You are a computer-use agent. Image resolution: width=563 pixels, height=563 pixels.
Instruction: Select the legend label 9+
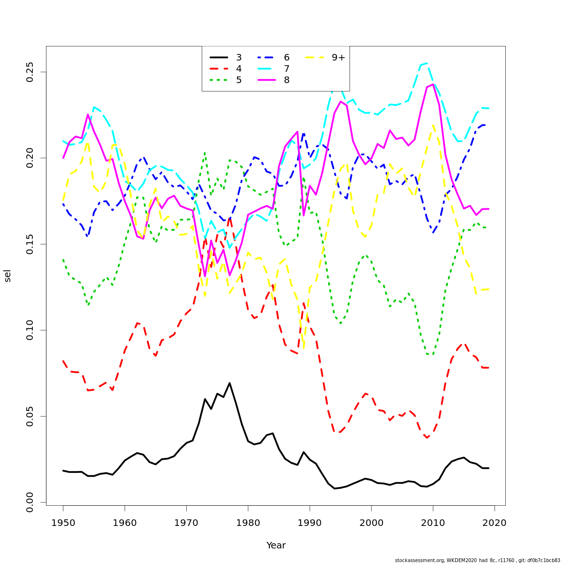[338, 58]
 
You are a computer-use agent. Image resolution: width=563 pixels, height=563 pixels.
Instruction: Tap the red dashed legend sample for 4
[219, 69]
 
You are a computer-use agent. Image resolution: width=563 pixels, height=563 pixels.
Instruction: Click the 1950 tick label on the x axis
[63, 522]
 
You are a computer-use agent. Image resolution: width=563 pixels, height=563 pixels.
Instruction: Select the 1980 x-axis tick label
[248, 522]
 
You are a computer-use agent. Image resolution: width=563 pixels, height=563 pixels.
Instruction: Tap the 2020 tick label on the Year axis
[495, 522]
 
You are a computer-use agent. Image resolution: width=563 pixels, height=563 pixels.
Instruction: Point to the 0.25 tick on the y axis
[30, 72]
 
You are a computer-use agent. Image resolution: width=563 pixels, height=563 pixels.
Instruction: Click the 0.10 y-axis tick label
[30, 330]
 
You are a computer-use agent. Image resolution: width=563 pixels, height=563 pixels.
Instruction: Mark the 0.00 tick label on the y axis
[30, 502]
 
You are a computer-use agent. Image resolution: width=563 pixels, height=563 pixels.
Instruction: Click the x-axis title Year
[276, 546]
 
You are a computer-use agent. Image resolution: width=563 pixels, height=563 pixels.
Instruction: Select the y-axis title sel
[8, 275]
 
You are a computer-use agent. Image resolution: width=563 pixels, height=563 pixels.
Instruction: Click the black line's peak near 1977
[229, 383]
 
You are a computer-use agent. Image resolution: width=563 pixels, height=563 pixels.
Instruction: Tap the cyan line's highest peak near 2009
[426, 63]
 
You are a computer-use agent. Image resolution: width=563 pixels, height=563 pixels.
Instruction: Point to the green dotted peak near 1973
[205, 152]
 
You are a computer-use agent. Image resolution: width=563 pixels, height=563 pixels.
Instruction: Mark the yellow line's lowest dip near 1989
[304, 349]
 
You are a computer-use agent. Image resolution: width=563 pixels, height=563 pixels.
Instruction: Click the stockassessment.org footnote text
[477, 560]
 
